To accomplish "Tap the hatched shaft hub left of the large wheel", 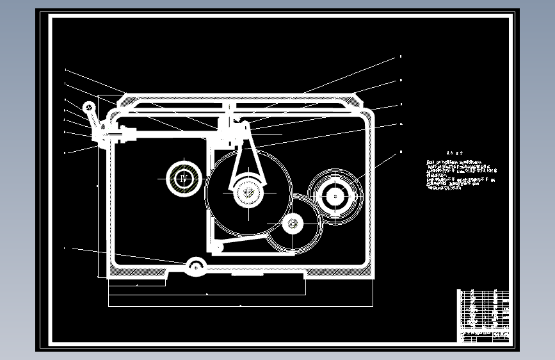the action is (184, 177).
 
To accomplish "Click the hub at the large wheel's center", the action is (248, 192).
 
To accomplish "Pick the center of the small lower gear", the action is (293, 224).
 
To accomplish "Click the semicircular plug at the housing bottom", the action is (196, 266).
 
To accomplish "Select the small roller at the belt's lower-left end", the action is (218, 247).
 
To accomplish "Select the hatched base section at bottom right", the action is (339, 275).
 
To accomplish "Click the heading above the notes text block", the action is (454, 154).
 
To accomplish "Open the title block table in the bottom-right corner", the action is (485, 316).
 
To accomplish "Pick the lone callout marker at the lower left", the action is (65, 247).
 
